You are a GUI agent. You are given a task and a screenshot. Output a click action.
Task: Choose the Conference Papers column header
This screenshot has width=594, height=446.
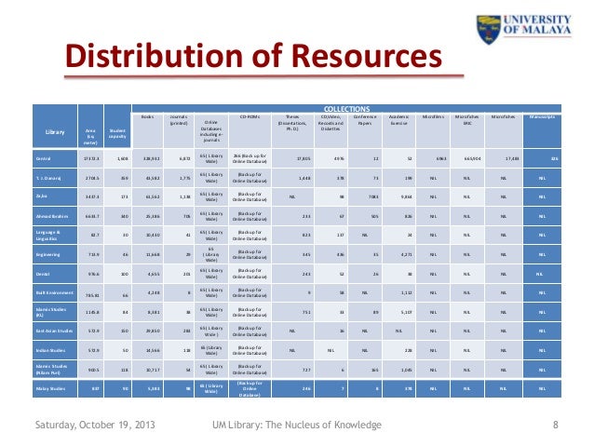tap(361, 120)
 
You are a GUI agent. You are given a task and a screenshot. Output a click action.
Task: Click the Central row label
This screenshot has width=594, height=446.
tap(45, 159)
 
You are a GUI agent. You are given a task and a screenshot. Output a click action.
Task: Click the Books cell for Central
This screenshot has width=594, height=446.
tap(152, 159)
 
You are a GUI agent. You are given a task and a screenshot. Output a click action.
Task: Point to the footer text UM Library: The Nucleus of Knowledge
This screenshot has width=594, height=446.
tap(297, 426)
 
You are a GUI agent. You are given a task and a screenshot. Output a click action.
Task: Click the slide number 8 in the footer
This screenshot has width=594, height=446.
tap(555, 426)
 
